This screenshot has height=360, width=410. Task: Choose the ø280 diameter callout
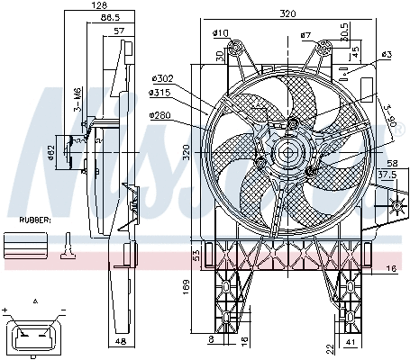click(159, 115)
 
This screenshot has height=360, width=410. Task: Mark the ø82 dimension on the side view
click(51, 154)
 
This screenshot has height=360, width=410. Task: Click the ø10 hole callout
click(221, 34)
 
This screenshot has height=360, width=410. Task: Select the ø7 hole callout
click(305, 35)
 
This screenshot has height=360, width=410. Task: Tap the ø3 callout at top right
click(386, 56)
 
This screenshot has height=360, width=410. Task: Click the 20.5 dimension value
click(345, 31)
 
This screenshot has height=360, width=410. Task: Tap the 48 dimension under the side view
click(121, 343)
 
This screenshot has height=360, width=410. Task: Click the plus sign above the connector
click(6, 309)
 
